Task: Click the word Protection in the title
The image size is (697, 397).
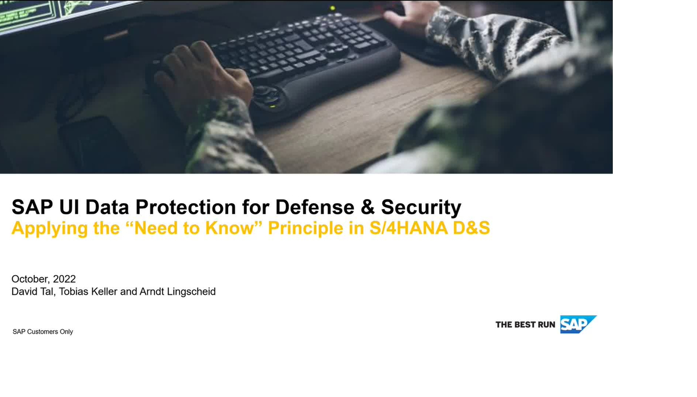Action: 185,207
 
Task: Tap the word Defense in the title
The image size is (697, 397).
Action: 315,207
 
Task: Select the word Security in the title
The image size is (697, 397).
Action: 421,208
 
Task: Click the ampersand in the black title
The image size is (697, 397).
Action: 368,207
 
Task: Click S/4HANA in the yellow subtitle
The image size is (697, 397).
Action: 408,228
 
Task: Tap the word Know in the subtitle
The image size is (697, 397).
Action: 229,228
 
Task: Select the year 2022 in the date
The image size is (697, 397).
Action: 64,279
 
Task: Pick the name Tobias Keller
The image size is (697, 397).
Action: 88,291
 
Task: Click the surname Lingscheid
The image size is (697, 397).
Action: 191,292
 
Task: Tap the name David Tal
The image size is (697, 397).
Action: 33,291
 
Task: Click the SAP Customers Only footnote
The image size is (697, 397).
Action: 42,332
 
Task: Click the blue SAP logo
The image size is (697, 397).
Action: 577,324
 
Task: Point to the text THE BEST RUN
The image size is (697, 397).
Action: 525,324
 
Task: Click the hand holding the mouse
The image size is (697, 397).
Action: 411,14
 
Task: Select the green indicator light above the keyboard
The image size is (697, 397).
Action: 332,8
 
